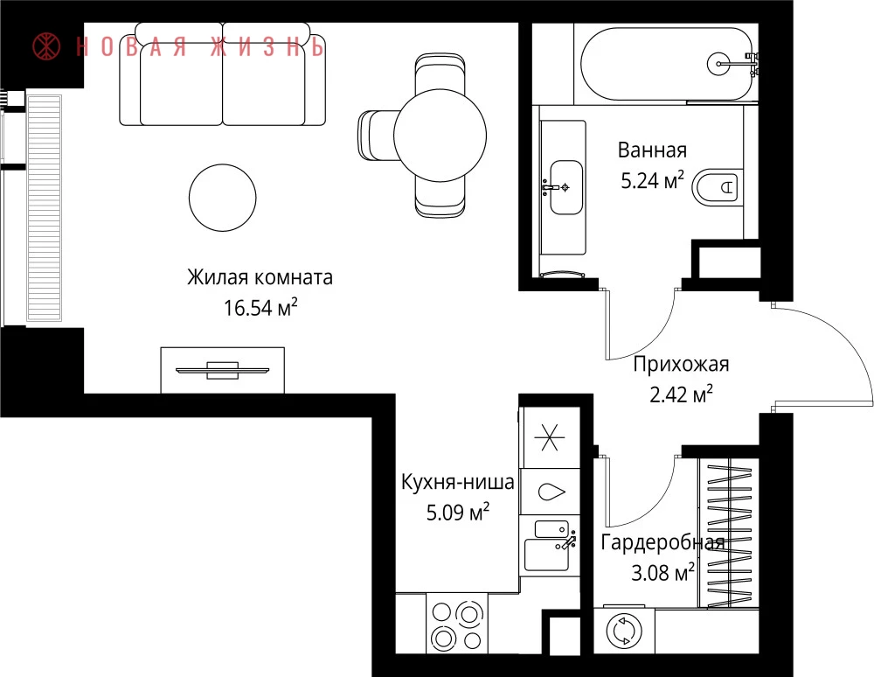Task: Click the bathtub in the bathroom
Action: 666,64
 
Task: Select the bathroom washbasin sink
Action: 565,187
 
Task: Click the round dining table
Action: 440,135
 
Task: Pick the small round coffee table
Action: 222,198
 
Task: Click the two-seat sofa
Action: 222,74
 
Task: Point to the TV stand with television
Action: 222,370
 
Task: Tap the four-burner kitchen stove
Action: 457,624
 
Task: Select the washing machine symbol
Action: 624,631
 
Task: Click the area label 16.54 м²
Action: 260,307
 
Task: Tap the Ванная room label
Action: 652,150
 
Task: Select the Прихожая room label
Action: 681,364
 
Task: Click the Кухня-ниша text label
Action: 458,482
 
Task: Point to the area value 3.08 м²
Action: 662,572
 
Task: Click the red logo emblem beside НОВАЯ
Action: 47,46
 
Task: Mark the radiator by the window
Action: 44,208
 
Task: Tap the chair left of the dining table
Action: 377,135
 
